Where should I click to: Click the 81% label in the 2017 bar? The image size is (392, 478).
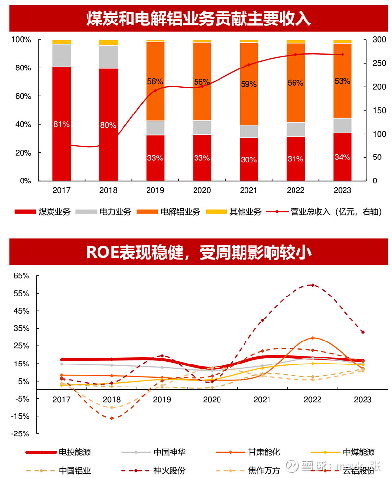pos(61,124)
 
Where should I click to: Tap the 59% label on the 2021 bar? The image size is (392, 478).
pos(248,84)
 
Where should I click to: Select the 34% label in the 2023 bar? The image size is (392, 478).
pos(342,157)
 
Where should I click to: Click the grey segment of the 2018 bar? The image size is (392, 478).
pos(108,57)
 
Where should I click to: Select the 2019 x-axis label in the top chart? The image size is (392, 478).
pos(155,190)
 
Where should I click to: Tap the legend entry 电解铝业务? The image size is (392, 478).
pos(180,212)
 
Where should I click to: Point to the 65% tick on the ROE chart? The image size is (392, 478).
pos(22,276)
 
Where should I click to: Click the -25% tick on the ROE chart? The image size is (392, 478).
pos(21,434)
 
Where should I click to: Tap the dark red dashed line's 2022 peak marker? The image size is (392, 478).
pos(312,285)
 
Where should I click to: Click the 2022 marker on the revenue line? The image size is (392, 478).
pos(295,54)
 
